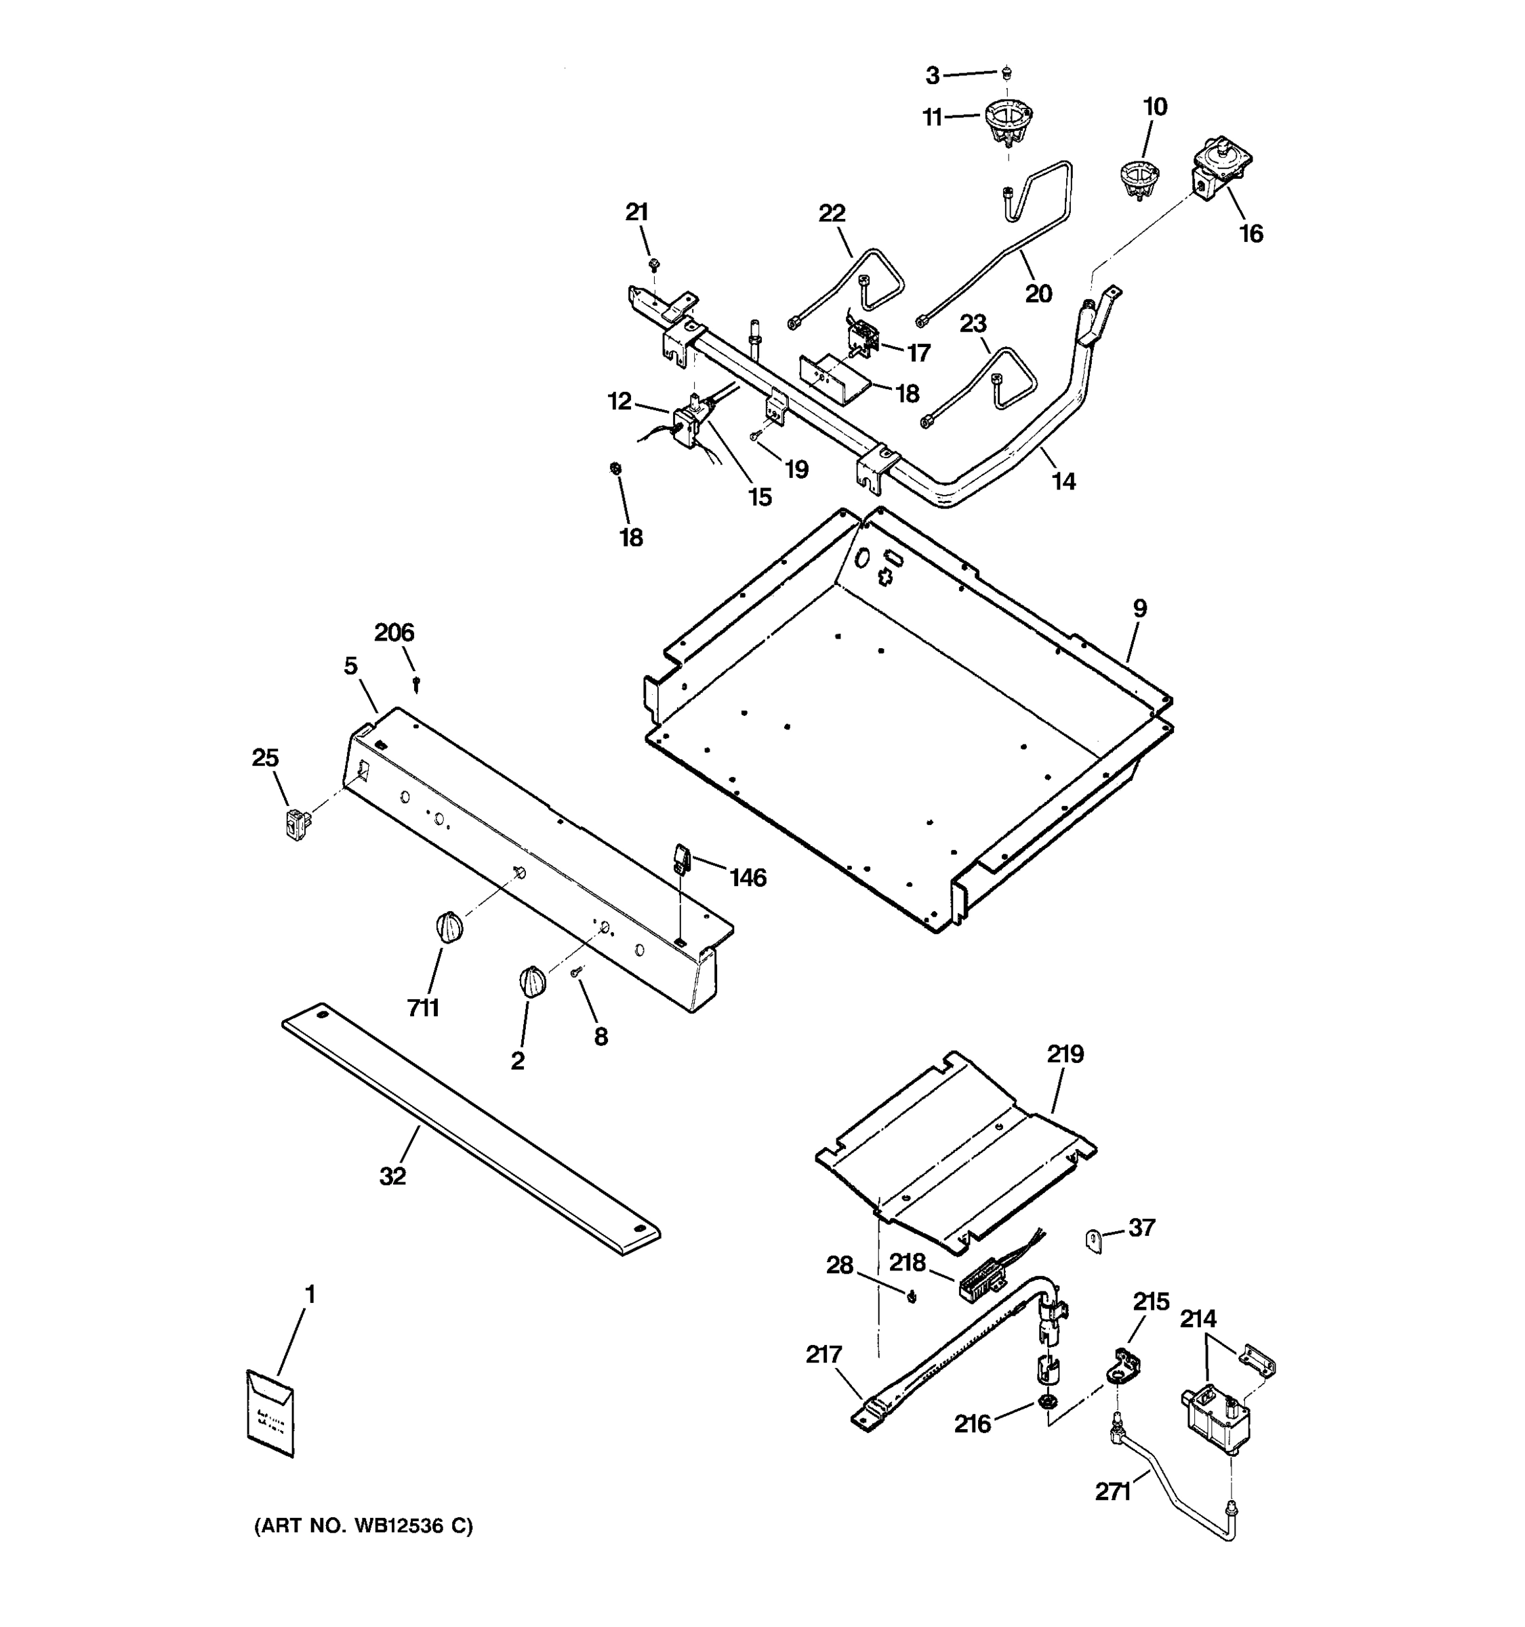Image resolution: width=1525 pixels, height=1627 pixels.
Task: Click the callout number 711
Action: pos(423,1008)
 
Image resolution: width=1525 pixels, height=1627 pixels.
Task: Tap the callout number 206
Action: pos(394,632)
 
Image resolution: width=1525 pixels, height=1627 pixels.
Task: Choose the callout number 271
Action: pos(1113,1492)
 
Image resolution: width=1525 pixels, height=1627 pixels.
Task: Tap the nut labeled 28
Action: pos(913,1295)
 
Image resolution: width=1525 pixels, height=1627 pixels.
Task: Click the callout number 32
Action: pos(392,1176)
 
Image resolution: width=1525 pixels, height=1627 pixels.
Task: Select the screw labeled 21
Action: pos(653,264)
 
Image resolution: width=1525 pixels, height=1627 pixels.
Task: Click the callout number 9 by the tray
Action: pos(1139,608)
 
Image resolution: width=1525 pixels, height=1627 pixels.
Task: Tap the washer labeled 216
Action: pos(1044,1403)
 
